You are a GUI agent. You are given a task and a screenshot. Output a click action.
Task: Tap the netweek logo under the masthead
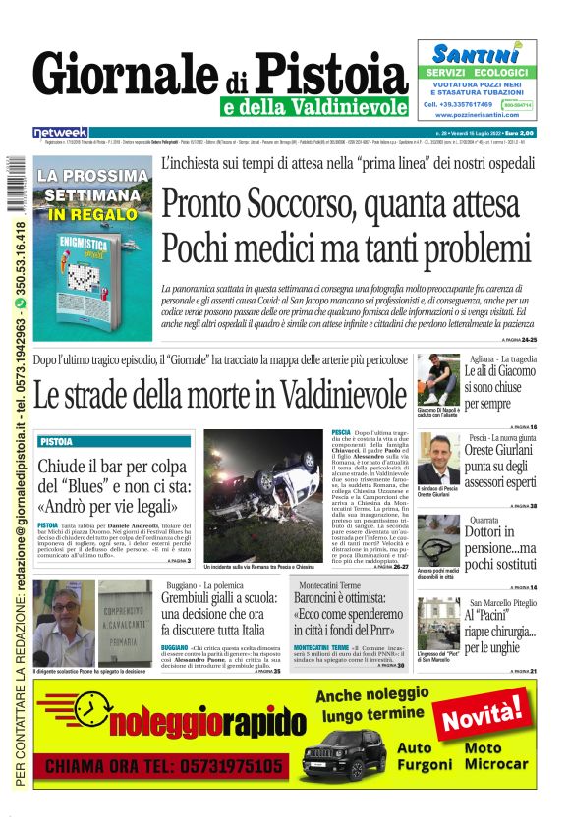(61, 132)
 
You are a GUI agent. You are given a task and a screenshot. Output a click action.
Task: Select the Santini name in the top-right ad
(477, 54)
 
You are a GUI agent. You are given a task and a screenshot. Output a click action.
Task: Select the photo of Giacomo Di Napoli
(436, 379)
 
